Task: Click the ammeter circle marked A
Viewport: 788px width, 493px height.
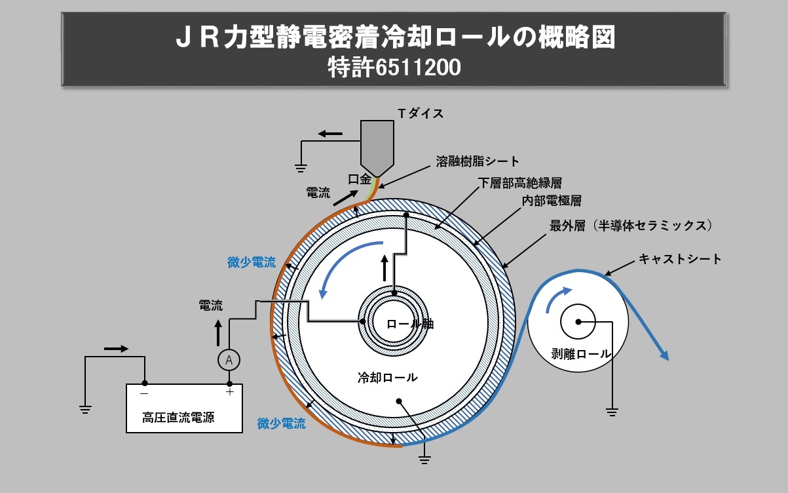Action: [229, 359]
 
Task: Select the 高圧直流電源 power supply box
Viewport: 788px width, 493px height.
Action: [184, 408]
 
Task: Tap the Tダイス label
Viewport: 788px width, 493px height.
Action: [421, 113]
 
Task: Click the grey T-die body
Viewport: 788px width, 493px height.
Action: [377, 144]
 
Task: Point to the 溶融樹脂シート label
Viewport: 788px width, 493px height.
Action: [478, 161]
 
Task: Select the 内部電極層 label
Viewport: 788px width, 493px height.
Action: [551, 201]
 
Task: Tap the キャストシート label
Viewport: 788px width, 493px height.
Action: [680, 259]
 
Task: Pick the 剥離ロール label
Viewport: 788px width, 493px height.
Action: [576, 354]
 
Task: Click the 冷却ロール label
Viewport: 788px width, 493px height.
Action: [386, 378]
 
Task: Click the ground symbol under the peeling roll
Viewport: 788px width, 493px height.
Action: [612, 412]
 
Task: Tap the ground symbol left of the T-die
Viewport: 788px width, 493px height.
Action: [300, 167]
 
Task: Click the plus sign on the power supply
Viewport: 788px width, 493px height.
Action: [229, 392]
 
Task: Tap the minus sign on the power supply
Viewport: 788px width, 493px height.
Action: [144, 393]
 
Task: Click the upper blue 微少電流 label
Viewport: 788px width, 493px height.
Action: [252, 263]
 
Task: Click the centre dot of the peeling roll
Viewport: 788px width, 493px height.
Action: [578, 321]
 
